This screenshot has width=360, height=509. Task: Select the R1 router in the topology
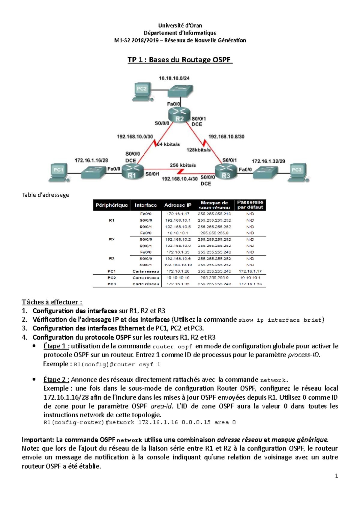point(133,172)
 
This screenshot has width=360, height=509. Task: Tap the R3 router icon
point(226,172)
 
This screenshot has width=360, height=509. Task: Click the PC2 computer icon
point(142,91)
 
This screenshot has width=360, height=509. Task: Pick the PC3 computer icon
point(297,172)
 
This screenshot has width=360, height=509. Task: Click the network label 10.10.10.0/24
point(174,78)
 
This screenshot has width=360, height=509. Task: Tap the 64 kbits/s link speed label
point(168,144)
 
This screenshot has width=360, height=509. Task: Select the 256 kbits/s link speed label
point(183,165)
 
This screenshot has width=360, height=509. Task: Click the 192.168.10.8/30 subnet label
point(226,137)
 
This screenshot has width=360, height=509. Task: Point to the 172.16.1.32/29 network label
point(268,161)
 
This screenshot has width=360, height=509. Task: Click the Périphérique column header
point(112,205)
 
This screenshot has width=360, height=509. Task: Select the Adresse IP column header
point(178,205)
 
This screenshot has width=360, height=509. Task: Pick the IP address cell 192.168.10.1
point(178,220)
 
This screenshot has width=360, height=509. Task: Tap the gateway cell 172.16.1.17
point(250,271)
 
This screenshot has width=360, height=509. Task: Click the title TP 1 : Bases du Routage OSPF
point(180,60)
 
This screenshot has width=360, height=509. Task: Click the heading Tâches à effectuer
point(52,302)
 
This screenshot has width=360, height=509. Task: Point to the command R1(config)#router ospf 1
point(117,365)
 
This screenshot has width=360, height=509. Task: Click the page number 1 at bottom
point(336,476)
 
